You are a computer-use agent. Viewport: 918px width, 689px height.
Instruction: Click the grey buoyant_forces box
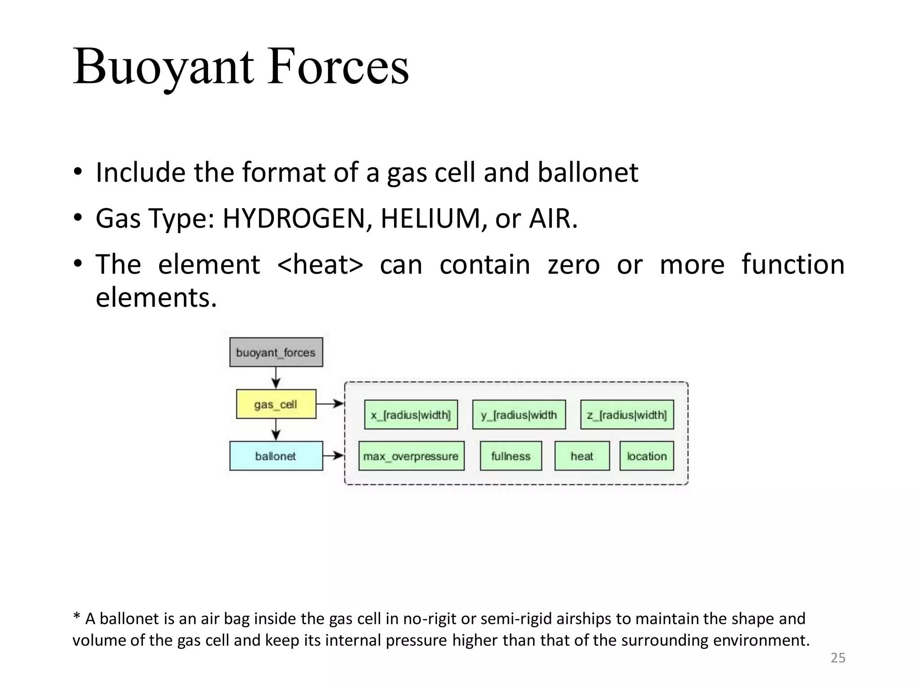[276, 352]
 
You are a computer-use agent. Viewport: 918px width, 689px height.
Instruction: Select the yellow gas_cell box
[276, 404]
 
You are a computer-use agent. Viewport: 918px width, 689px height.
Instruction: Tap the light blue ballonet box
[276, 456]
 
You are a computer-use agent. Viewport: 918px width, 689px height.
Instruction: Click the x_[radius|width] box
[411, 415]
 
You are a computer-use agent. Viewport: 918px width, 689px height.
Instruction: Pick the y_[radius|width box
[519, 415]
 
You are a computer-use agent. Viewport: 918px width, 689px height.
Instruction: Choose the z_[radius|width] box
[627, 415]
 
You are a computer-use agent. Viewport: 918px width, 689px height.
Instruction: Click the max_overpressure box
[411, 456]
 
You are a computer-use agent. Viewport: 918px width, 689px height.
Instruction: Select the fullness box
[511, 456]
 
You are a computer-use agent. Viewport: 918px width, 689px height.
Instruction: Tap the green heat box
[582, 456]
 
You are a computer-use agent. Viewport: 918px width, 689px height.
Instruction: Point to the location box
[646, 456]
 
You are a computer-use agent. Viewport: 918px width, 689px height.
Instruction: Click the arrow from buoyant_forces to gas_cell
[276, 378]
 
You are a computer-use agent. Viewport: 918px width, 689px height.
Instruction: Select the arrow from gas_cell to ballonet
[276, 430]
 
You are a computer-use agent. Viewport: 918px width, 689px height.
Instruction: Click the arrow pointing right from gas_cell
[330, 404]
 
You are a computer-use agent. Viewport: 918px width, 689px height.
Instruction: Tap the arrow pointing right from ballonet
[333, 456]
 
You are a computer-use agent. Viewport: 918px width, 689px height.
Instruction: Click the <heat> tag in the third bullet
[320, 264]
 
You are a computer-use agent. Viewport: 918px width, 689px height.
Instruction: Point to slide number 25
[838, 658]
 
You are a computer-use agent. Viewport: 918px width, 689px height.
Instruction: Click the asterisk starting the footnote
[76, 617]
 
